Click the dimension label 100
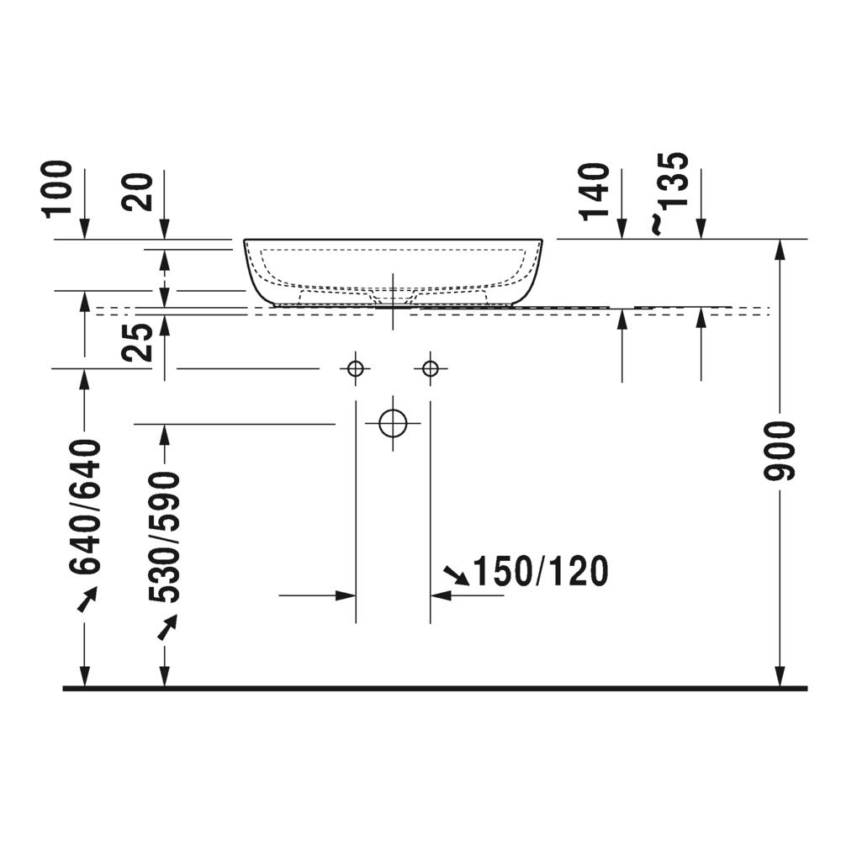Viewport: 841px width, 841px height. pos(58,189)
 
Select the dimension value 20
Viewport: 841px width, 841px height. pos(138,192)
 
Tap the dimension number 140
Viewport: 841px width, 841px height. pos(595,192)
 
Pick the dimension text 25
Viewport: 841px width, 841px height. pos(138,342)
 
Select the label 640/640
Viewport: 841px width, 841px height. pos(85,507)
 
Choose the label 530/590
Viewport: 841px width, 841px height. pos(165,537)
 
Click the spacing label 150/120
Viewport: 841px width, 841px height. pos(541,571)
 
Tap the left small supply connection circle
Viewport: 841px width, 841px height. pos(356,369)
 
